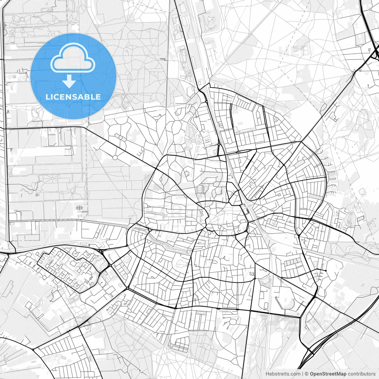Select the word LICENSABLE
(x=73, y=97)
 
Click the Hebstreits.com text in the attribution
(x=283, y=374)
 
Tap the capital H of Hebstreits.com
(x=267, y=374)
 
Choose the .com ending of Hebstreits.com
(x=295, y=374)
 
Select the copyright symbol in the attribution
(x=307, y=374)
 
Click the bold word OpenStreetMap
(x=328, y=374)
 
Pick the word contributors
(x=362, y=374)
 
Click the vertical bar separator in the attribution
(x=303, y=374)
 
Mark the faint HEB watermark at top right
(x=295, y=51)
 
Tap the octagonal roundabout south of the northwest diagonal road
(x=115, y=157)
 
